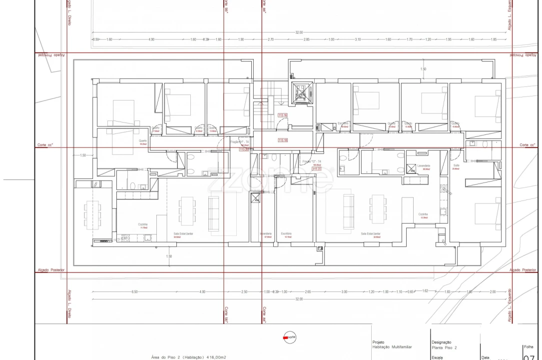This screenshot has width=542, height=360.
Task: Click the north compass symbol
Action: click(x=289, y=337)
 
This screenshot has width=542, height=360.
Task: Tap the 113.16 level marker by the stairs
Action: click(x=282, y=115)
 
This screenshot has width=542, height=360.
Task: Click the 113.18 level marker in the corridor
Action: click(x=282, y=140)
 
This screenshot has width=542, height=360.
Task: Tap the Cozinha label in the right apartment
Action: click(x=424, y=214)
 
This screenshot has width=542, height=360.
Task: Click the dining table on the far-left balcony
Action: click(x=91, y=214)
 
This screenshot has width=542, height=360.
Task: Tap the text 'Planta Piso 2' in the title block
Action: click(x=444, y=347)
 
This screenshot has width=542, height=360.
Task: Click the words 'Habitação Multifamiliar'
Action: click(x=392, y=347)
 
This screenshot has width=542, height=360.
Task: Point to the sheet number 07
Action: click(x=530, y=356)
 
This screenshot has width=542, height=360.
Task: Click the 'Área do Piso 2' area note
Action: click(x=189, y=357)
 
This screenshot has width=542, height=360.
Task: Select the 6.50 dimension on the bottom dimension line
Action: click(x=134, y=291)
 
